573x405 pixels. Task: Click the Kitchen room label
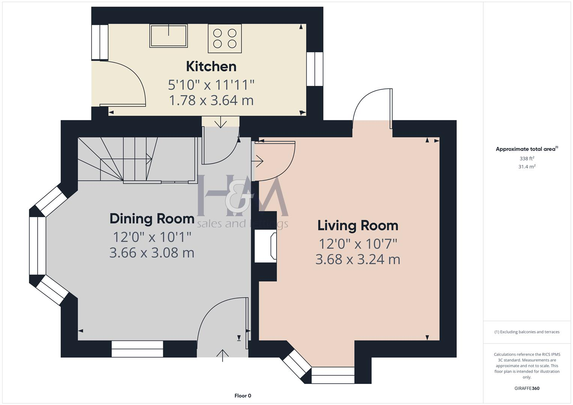point(211,66)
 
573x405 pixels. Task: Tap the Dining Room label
point(152,219)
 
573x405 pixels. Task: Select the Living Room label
point(358,225)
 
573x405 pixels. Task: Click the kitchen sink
point(168,36)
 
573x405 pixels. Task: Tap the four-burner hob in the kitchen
point(225,39)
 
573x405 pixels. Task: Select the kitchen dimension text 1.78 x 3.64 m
point(211,100)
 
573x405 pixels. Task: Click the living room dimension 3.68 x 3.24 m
point(358,259)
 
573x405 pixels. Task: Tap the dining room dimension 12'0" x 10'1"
point(152,237)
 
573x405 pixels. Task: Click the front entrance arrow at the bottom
point(223,355)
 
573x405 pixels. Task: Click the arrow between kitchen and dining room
point(220,122)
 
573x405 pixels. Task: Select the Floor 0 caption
point(243,396)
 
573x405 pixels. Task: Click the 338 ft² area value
point(527,159)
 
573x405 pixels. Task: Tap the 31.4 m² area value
point(527,167)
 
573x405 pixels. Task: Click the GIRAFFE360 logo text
point(527,388)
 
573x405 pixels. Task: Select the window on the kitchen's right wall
point(314,69)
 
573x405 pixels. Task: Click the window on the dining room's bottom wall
point(137,349)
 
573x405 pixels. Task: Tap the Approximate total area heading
point(527,149)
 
